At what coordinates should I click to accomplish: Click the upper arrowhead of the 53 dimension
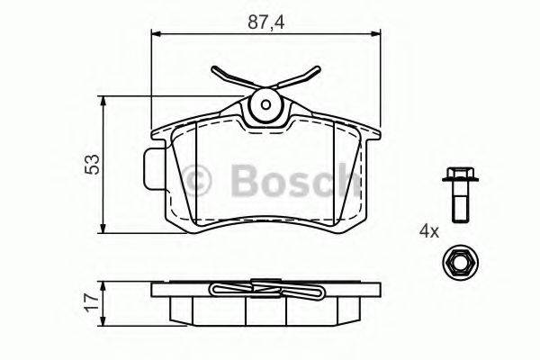106,99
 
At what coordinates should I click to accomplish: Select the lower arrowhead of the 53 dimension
106,229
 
